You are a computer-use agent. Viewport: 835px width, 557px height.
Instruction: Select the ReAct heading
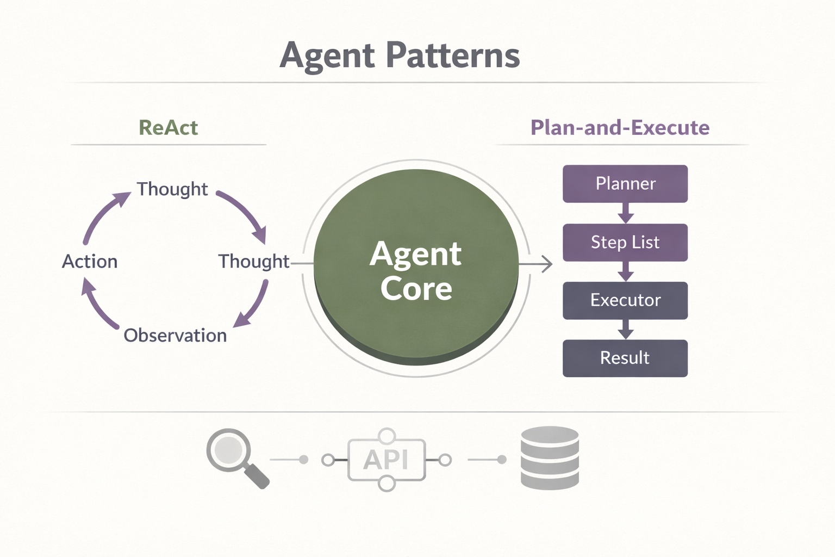coord(168,128)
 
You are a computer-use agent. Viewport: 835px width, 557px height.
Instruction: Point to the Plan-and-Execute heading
coord(620,128)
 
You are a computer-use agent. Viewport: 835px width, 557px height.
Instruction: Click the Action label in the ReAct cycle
coord(90,262)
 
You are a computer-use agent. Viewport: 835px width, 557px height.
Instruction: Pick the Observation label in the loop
coord(175,336)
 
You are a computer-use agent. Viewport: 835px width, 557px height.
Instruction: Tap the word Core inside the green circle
coord(416,289)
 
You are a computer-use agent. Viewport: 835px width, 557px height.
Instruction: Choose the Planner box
coord(625,184)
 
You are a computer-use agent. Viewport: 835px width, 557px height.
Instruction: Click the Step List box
coord(625,242)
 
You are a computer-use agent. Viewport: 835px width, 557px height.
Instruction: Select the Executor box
coord(625,300)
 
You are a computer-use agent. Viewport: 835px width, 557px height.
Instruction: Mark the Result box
coord(625,358)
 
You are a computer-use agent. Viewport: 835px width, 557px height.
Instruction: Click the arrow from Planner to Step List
coord(626,213)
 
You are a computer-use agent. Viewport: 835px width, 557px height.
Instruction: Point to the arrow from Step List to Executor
coord(626,271)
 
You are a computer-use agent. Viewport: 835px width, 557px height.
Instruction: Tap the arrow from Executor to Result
coord(626,329)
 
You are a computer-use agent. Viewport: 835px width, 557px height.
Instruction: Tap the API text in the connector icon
coord(386,460)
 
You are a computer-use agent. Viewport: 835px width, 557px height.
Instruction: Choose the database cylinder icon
coord(550,458)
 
